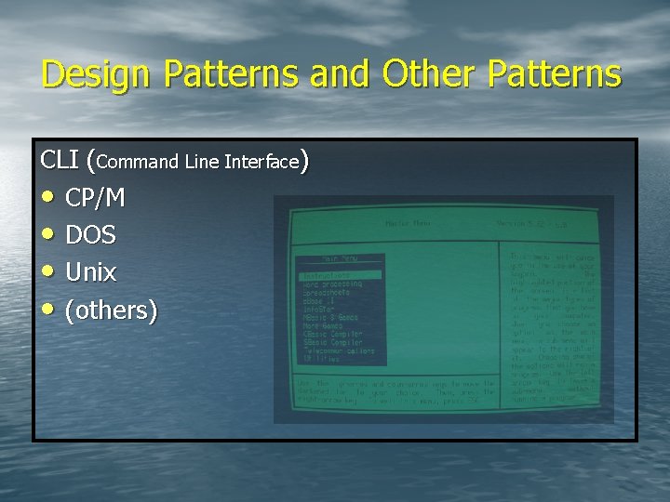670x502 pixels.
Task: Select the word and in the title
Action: pos(338,73)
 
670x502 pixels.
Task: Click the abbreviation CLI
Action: pos(60,160)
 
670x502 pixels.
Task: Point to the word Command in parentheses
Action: pos(137,162)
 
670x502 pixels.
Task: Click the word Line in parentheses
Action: pos(200,162)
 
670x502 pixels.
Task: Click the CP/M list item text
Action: pos(95,198)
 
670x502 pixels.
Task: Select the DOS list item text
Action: pos(90,235)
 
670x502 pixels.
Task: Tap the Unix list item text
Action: pos(90,272)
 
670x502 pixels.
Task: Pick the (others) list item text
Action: pos(111,310)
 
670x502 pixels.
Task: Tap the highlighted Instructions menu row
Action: pos(340,275)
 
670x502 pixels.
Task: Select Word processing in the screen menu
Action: pos(332,284)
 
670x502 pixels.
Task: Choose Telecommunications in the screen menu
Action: pos(339,351)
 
